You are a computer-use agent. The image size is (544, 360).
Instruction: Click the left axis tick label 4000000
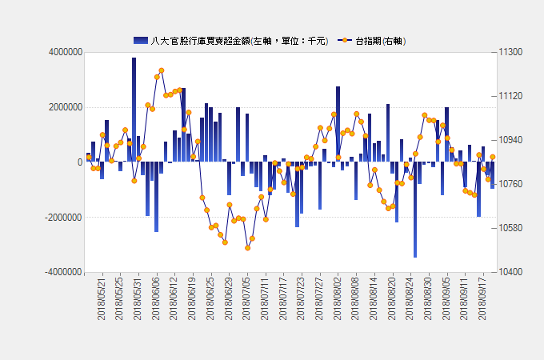pos(62,52)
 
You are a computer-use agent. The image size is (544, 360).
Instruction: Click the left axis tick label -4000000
pos(60,272)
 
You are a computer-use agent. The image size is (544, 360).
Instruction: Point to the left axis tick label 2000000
pos(62,107)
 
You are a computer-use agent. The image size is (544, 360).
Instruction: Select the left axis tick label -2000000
pos(60,218)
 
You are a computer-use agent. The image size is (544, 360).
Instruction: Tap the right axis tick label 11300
pos(510,52)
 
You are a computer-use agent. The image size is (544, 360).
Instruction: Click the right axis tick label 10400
pos(510,272)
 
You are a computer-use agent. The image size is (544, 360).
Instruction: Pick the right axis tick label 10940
pos(510,140)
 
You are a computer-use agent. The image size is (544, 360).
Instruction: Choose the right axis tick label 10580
pos(510,228)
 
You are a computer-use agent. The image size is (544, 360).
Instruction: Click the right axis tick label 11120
pos(510,96)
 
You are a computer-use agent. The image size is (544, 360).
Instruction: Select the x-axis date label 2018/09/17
pos(482,300)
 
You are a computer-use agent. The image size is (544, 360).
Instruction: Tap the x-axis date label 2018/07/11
pos(265,300)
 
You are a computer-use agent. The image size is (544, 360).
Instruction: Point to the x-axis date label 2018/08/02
pos(337,300)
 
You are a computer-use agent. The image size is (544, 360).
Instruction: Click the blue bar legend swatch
pos(141,40)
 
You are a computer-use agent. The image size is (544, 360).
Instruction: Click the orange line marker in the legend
pos(344,40)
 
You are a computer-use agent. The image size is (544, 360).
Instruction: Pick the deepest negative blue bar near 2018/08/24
pos(415,210)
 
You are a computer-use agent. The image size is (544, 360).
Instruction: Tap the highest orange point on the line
pos(162,70)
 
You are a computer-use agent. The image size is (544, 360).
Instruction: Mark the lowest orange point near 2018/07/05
pos(248,248)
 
